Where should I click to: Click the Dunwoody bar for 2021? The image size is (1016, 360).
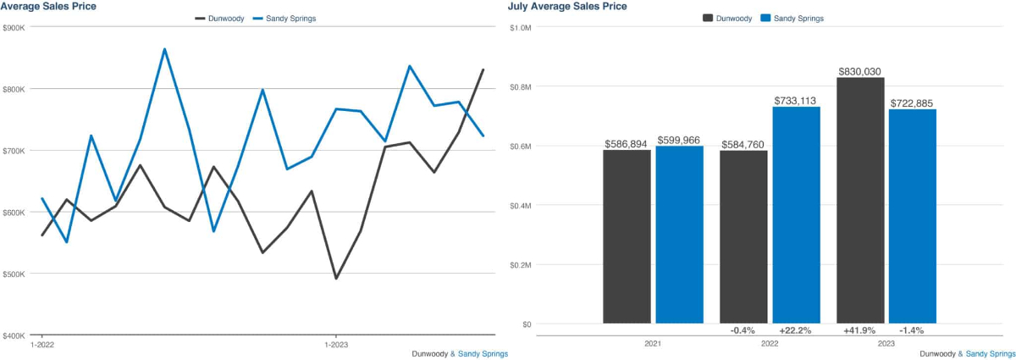[627, 236]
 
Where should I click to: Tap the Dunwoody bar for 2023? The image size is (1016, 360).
[860, 200]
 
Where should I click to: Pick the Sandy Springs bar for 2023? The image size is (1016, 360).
[912, 216]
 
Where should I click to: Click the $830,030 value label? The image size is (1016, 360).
[860, 72]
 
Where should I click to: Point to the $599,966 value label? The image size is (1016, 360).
[679, 141]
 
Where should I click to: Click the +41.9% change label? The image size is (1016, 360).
[860, 330]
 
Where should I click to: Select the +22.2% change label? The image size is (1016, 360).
[796, 330]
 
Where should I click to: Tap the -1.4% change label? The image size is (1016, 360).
[912, 330]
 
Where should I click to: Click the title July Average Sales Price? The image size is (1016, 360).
[567, 7]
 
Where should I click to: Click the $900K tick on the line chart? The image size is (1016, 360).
[14, 27]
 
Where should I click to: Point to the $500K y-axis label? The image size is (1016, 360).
[14, 274]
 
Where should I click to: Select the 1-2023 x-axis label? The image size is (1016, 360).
[337, 346]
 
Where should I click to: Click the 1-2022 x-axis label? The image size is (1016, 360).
[43, 346]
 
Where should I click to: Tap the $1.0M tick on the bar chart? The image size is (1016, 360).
[520, 27]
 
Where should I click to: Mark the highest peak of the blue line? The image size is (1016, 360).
[164, 49]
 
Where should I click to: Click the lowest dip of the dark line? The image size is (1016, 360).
[336, 278]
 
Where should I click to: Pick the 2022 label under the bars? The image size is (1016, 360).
[770, 345]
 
